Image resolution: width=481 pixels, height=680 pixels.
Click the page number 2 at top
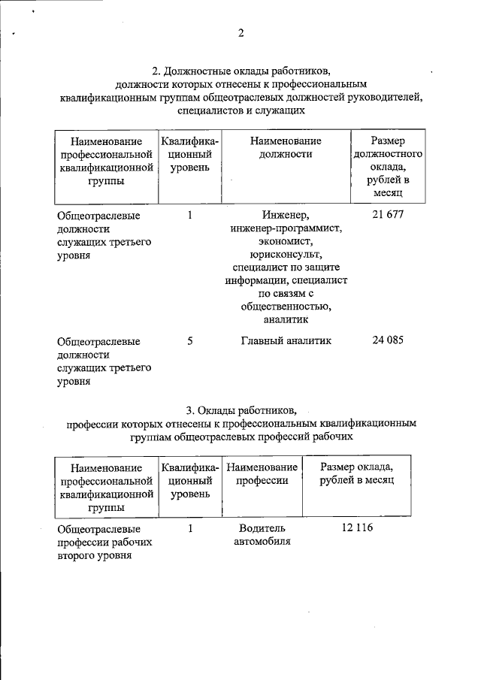click(x=240, y=33)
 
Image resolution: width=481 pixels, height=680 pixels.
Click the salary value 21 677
click(x=388, y=215)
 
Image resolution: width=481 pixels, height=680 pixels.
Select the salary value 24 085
click(x=388, y=340)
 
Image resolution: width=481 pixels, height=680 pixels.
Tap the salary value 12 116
click(x=356, y=528)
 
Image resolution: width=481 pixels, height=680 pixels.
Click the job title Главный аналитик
click(x=286, y=340)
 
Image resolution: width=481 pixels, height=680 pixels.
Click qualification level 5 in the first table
click(x=190, y=340)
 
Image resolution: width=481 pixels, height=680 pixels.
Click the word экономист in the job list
click(x=286, y=241)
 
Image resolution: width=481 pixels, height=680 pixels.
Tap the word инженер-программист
click(x=286, y=228)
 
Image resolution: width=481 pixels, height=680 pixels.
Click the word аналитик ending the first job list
click(x=286, y=320)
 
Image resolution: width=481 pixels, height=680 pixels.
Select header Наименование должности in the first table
click(x=286, y=148)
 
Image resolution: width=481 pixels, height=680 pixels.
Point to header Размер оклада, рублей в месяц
click(x=355, y=474)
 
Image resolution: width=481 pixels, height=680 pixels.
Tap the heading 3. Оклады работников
click(x=240, y=410)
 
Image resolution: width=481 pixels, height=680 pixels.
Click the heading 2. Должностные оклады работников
click(x=240, y=71)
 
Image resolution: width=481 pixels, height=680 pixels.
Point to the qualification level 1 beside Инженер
click(x=190, y=215)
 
